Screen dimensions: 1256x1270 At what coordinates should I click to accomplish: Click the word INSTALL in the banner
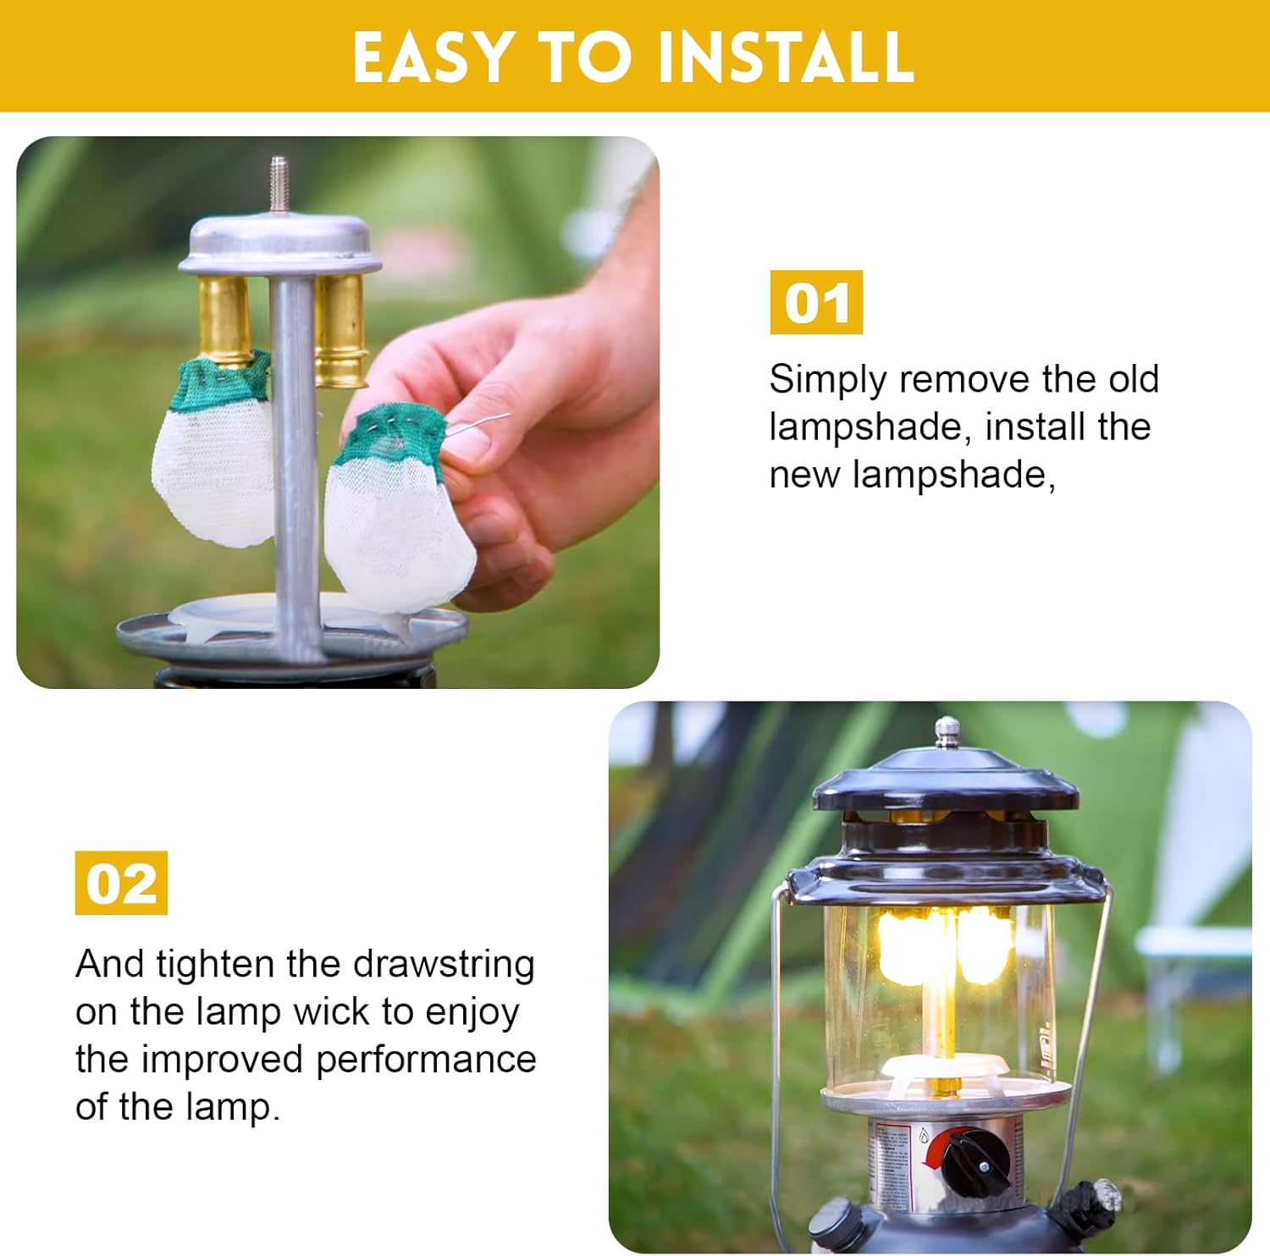(785, 58)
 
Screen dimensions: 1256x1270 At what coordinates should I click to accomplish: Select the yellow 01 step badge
(815, 302)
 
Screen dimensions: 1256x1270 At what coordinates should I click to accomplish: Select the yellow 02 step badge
(121, 883)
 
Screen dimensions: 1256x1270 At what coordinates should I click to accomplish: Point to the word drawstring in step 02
(443, 964)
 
